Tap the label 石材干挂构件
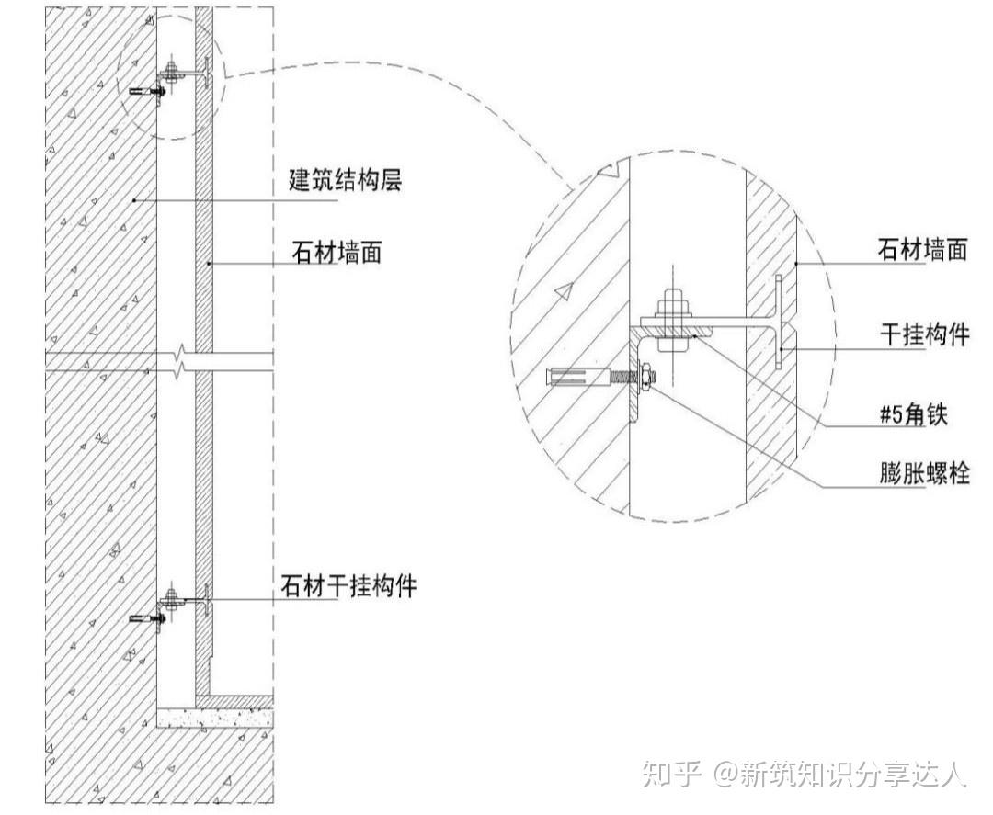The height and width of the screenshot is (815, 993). tap(348, 586)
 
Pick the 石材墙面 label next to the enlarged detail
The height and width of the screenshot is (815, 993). tap(922, 250)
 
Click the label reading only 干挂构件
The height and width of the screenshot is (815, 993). tap(922, 334)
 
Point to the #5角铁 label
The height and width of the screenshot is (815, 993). tap(910, 415)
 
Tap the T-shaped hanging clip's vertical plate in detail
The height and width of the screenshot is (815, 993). tap(779, 322)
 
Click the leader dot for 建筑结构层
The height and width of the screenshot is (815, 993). tap(135, 199)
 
